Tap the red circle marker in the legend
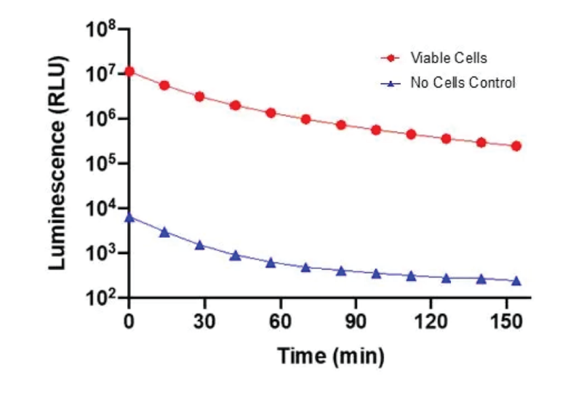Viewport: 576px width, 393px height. (391, 57)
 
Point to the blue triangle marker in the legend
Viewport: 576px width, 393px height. (391, 83)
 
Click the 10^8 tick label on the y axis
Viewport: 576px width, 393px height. (103, 31)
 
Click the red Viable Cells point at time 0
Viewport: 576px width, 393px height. (129, 71)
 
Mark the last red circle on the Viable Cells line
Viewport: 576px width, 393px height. (516, 146)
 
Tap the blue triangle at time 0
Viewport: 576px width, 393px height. (129, 217)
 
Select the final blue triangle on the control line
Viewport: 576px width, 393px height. (516, 281)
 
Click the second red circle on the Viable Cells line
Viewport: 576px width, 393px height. (164, 85)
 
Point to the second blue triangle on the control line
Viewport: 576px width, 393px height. (164, 232)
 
